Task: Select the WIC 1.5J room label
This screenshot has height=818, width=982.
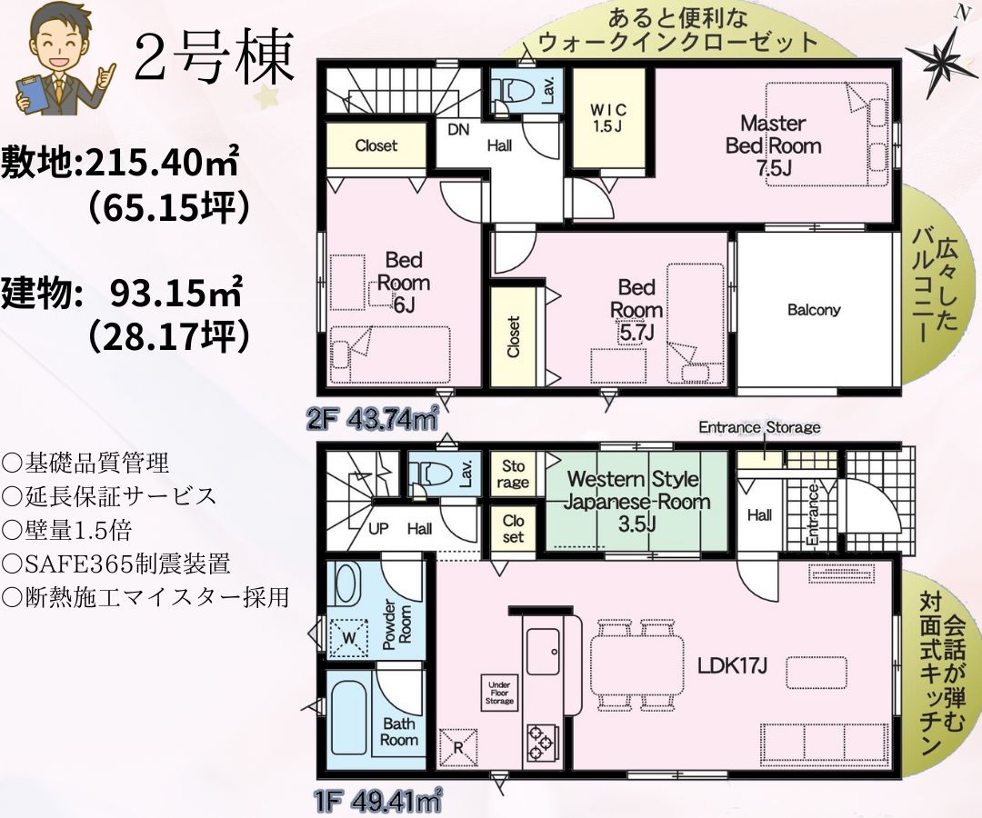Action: click(607, 117)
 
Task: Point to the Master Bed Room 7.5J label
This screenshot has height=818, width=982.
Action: click(774, 145)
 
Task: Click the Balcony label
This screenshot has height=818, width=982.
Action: click(814, 309)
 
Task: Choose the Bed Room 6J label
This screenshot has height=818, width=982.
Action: click(404, 282)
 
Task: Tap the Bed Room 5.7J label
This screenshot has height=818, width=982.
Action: click(636, 310)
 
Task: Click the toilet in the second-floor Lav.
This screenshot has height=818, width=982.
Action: click(511, 92)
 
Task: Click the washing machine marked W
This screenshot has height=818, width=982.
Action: click(349, 637)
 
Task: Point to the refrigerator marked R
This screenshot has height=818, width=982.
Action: click(457, 747)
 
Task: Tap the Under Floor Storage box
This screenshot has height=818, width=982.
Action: click(499, 693)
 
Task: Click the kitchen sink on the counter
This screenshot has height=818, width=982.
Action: click(543, 650)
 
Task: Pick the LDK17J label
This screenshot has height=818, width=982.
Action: click(731, 666)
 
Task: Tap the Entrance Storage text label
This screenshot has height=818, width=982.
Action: click(759, 427)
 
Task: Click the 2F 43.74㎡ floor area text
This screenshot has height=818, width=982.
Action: click(372, 419)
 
